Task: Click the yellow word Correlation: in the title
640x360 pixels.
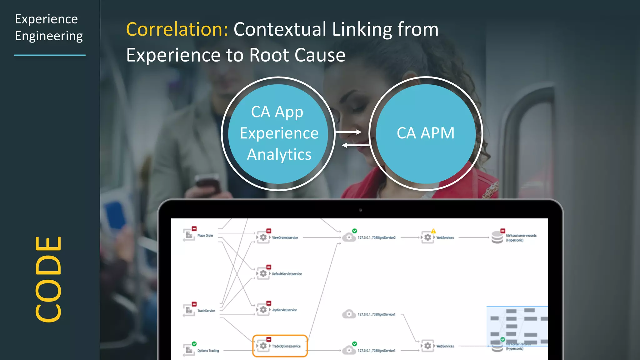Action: pos(177,29)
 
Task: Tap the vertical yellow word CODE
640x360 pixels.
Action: pos(48,279)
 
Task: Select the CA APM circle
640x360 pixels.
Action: pos(426,133)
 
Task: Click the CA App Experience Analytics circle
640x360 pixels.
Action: pos(278,133)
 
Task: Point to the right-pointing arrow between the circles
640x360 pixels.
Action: pos(348,132)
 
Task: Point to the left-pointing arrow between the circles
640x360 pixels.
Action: pos(356,145)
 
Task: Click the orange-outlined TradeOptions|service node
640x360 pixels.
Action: pos(280,346)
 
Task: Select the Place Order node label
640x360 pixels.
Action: pos(205,236)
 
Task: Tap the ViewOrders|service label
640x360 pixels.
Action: pos(285,238)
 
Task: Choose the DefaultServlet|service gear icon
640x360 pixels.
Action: pos(263,274)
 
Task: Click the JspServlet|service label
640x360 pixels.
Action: pos(284,310)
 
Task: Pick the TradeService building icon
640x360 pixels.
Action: pos(189,310)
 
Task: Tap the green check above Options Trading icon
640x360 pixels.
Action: pos(194,344)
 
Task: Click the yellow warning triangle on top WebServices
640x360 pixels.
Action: pos(433,231)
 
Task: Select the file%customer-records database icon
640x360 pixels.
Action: pos(497,237)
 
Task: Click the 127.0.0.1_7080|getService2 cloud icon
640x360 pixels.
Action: pos(349,237)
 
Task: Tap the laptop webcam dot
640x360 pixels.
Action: pos(360,210)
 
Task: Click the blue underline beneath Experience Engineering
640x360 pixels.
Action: pos(50,55)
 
